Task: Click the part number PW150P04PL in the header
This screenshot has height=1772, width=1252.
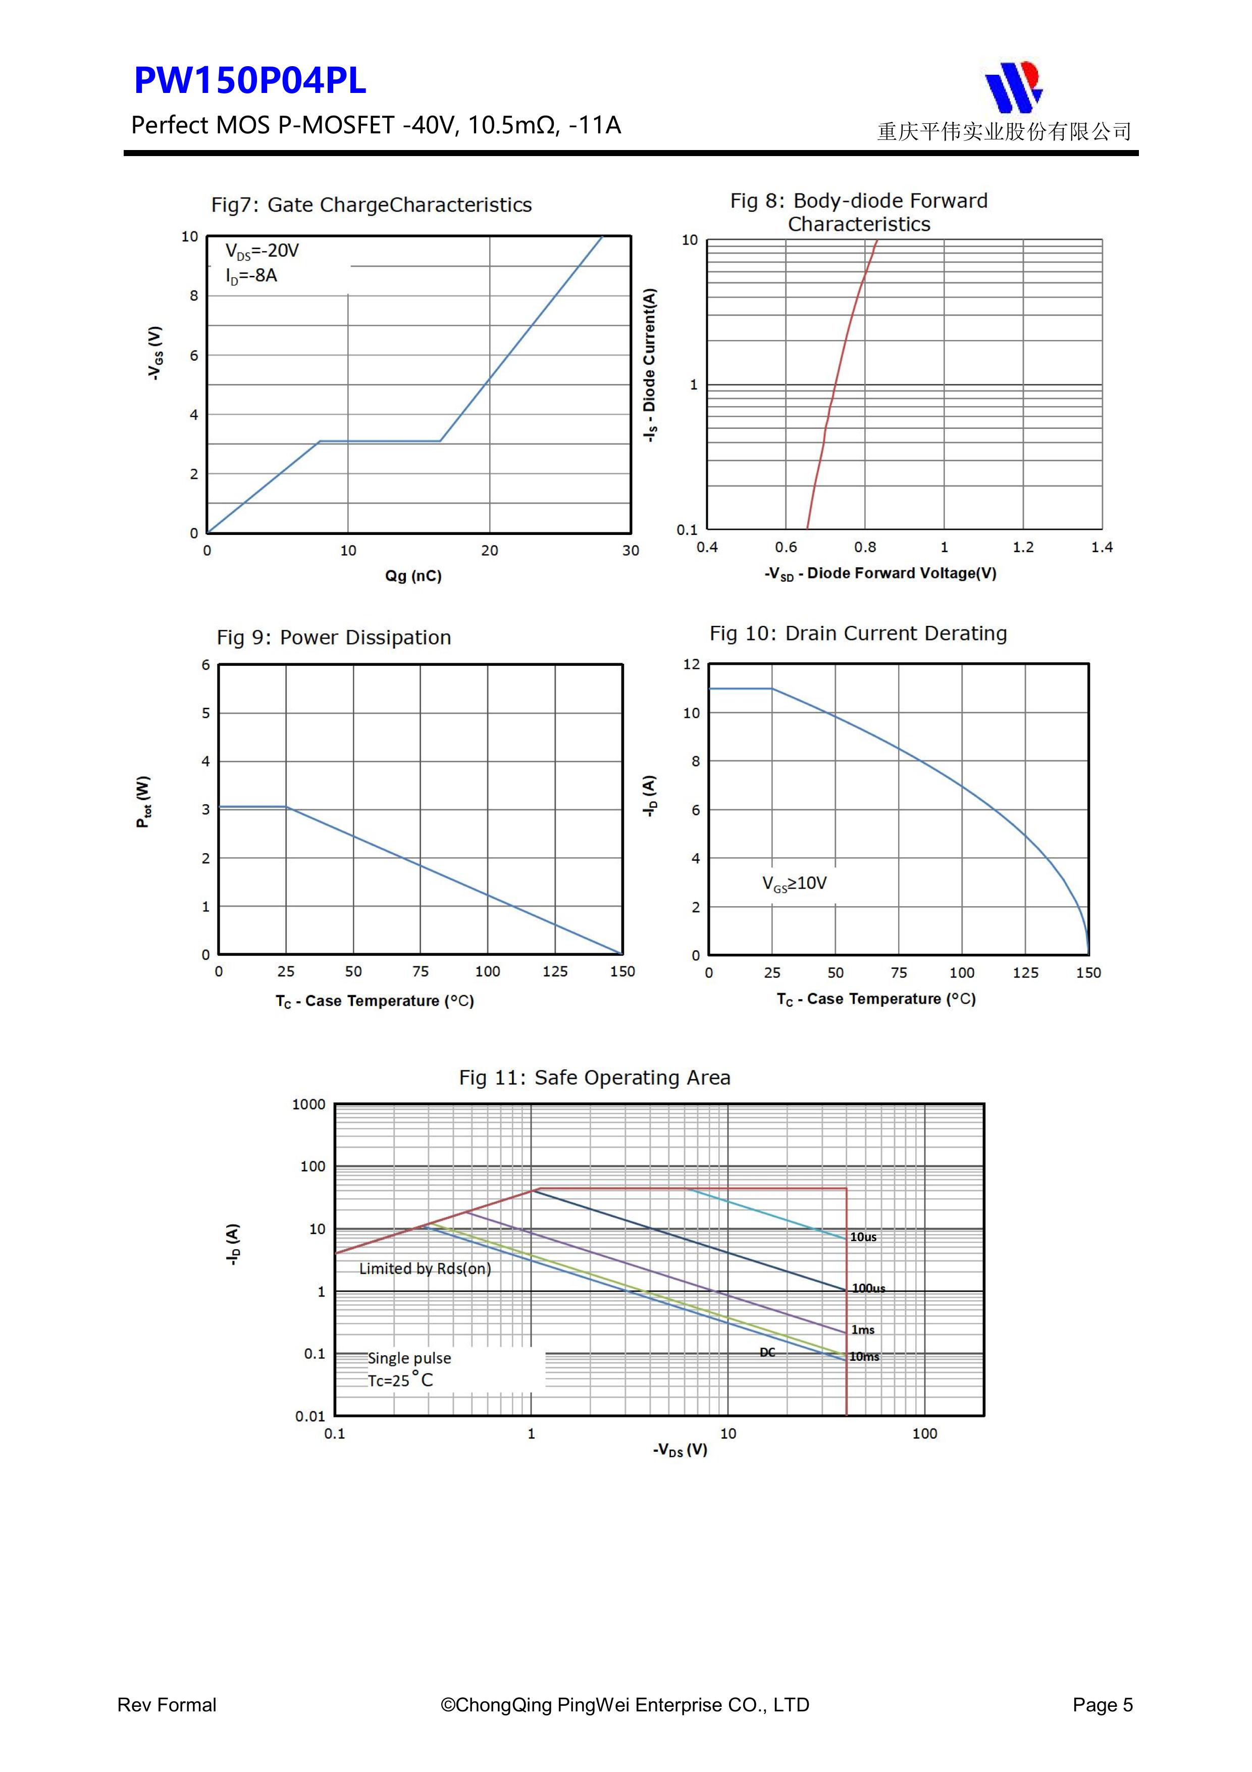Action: [x=250, y=80]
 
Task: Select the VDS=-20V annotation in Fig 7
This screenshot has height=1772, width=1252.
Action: [x=262, y=251]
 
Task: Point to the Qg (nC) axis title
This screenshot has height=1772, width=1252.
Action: [x=413, y=576]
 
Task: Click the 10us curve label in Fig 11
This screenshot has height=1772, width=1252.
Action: [x=863, y=1237]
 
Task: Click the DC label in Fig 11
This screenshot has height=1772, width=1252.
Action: [x=767, y=1352]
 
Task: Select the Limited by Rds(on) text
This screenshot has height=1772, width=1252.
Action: [x=425, y=1269]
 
